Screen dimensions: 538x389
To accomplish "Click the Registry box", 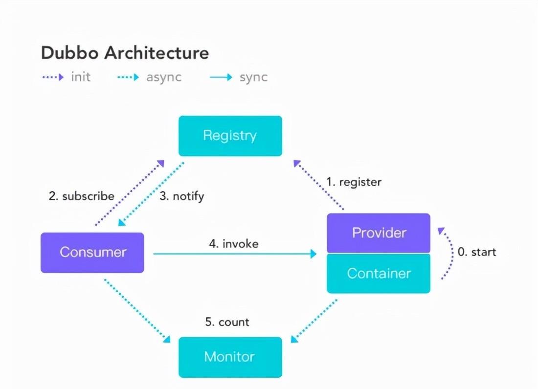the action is [230, 136].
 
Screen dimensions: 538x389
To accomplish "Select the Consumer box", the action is [92, 253].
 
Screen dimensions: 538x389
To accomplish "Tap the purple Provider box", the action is [379, 233].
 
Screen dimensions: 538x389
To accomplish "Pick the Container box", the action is [379, 274].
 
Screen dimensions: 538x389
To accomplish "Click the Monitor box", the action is [230, 357].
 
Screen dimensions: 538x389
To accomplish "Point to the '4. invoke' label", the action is [234, 244].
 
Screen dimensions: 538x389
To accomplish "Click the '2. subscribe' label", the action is [81, 196].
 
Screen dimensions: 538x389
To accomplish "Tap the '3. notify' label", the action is [182, 196].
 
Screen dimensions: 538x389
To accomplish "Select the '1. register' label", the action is [354, 182].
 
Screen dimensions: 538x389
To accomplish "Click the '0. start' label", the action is [477, 252].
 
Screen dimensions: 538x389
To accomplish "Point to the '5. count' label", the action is [227, 322].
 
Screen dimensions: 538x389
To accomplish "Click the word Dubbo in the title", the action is [70, 53].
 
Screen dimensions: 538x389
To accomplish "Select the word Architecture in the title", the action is [157, 53].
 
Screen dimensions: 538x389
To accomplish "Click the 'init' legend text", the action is [81, 77].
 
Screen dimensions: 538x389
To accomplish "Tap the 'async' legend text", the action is [164, 77].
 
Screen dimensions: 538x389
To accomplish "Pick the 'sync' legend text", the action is [253, 77].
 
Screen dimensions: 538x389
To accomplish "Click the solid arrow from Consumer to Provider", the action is [235, 254].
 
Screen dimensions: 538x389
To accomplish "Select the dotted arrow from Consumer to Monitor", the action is [137, 311].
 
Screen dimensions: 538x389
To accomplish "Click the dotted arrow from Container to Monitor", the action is [314, 321].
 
